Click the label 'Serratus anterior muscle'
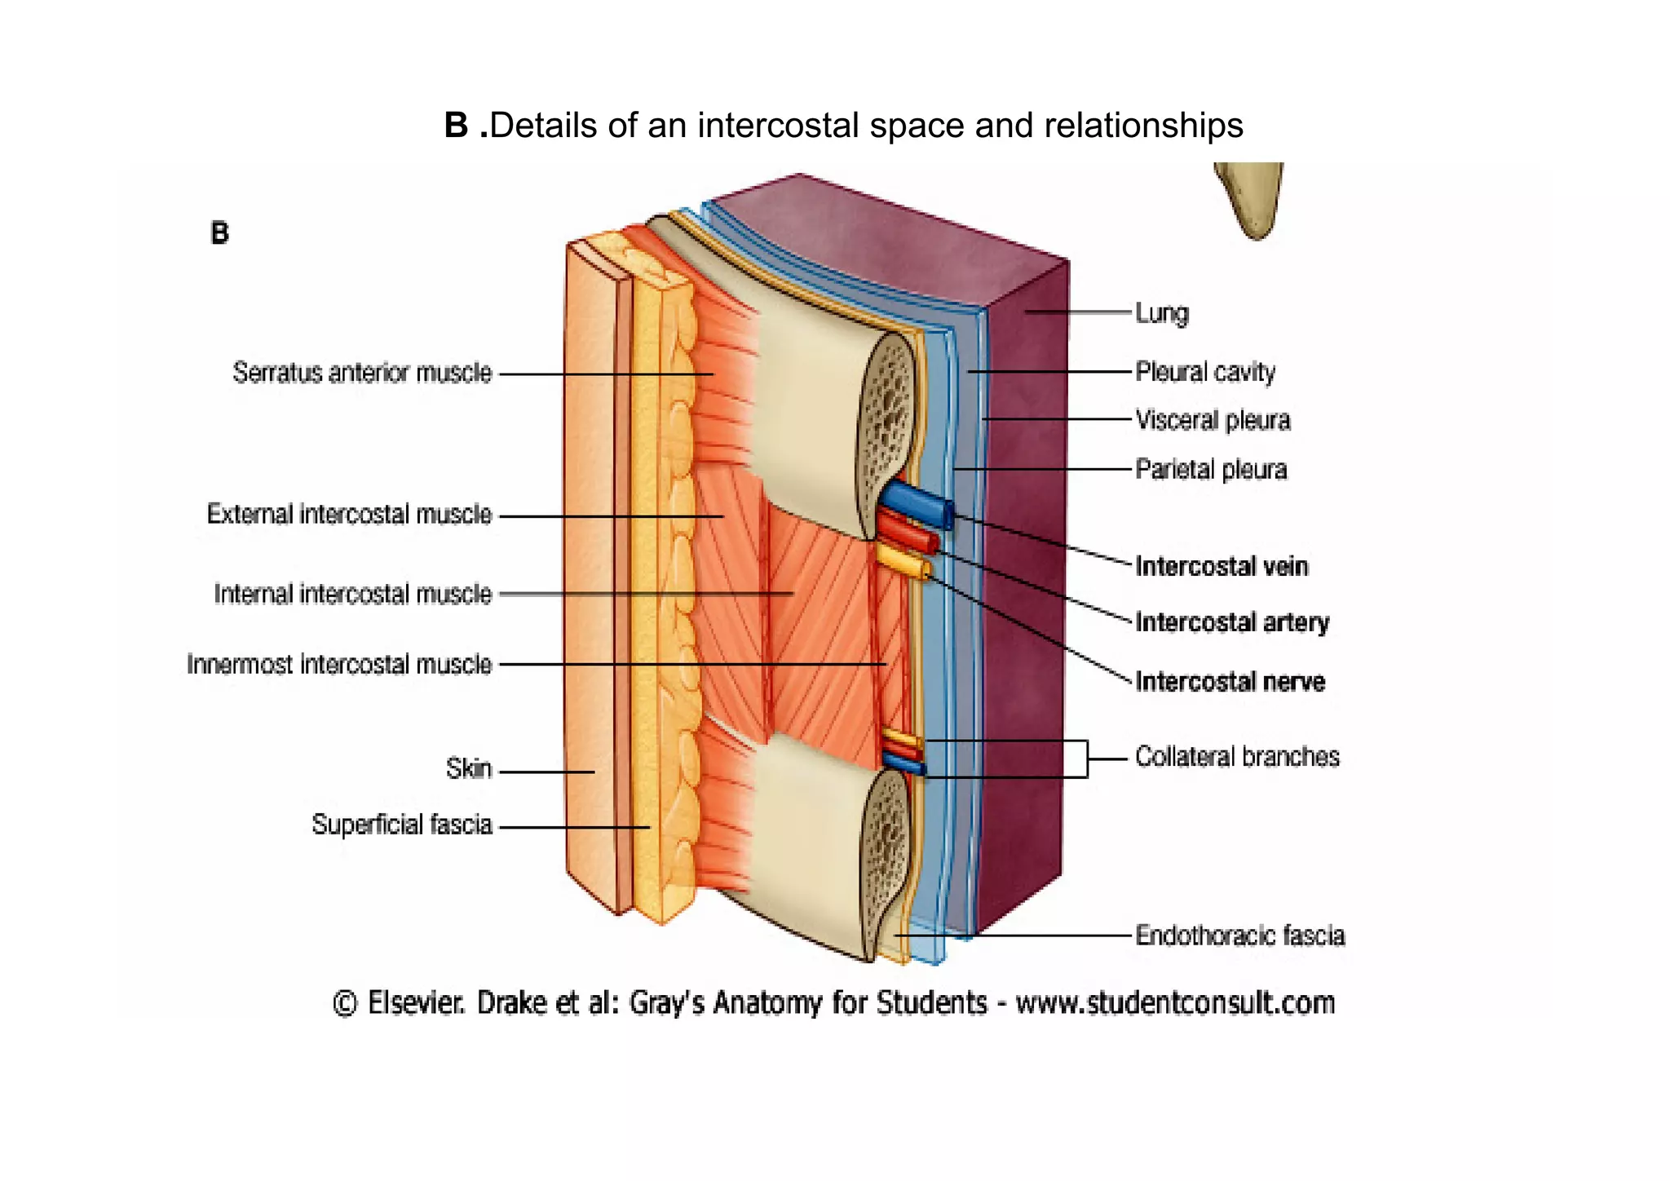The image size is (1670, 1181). (362, 373)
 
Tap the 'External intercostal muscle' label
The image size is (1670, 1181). (349, 515)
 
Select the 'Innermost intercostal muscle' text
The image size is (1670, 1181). (339, 665)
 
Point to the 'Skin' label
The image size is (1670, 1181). (469, 768)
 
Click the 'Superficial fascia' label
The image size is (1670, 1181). (402, 825)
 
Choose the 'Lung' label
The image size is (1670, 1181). (1162, 313)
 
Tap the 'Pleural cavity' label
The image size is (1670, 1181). (1205, 372)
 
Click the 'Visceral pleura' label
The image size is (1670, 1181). (1213, 420)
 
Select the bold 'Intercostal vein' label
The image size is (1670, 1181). (1222, 566)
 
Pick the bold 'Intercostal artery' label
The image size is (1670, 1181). (1232, 622)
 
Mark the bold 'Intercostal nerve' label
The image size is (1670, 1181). (1230, 682)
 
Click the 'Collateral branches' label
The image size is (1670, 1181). (1237, 757)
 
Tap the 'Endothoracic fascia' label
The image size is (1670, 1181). (1239, 936)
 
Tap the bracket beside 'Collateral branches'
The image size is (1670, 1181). (1086, 759)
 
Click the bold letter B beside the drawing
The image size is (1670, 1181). (219, 233)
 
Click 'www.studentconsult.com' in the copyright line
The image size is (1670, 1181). (1175, 1002)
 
